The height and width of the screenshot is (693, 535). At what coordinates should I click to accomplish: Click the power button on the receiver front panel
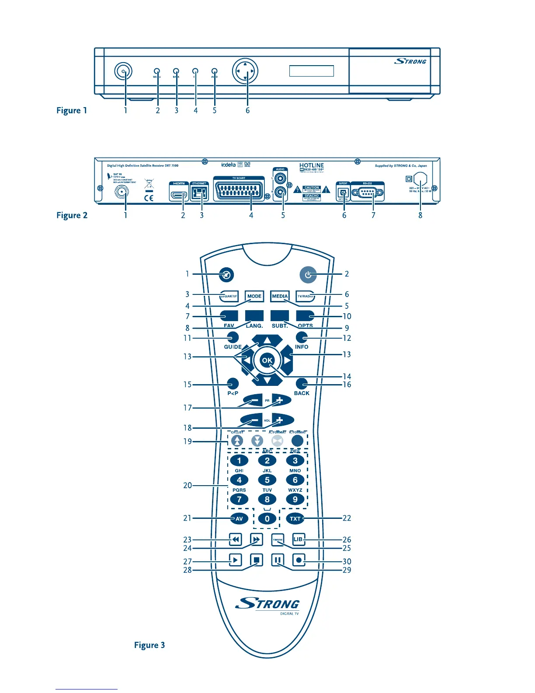pos(124,71)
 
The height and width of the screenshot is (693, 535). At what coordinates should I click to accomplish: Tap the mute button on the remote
pos(226,275)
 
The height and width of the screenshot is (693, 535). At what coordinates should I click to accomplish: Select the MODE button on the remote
pos(254,296)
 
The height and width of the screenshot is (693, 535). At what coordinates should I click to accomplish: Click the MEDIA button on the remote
pos(280,296)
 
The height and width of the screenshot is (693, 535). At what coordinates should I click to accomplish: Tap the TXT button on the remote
pos(295,519)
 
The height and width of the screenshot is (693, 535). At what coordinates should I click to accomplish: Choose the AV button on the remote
pos(239,519)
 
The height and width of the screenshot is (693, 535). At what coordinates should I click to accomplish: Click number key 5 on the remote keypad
pos(267,480)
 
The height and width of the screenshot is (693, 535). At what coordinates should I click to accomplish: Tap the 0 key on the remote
pos(267,519)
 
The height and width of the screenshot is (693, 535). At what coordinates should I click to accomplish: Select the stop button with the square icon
pos(257,560)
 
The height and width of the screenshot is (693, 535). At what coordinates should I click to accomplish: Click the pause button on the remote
pos(278,560)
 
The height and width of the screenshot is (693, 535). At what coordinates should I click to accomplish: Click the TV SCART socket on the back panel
pos(239,191)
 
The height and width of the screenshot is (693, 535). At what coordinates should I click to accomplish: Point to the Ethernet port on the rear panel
pos(199,193)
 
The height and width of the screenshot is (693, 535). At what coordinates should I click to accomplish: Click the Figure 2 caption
pos(72,215)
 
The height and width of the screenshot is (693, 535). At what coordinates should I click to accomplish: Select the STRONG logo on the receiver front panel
pos(410,61)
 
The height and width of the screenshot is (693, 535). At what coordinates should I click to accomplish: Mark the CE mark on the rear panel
pos(149,198)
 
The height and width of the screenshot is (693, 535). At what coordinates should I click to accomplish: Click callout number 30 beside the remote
pos(347,561)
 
